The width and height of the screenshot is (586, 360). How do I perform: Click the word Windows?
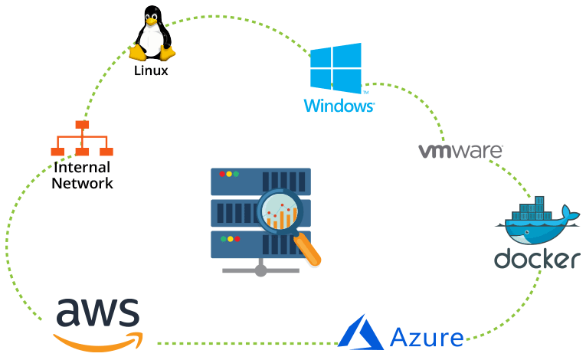[338, 106]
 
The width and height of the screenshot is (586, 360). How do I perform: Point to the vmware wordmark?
[460, 150]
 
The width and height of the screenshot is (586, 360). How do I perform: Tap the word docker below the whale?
[536, 259]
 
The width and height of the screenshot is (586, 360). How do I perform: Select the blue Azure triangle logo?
[361, 333]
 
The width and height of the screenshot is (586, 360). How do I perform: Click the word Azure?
[427, 337]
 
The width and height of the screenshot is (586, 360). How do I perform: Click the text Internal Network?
[82, 175]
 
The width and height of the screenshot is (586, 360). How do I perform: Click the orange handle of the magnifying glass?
[308, 250]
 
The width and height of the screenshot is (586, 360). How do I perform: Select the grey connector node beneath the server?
[260, 270]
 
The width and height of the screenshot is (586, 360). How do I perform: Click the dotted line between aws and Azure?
[245, 342]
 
